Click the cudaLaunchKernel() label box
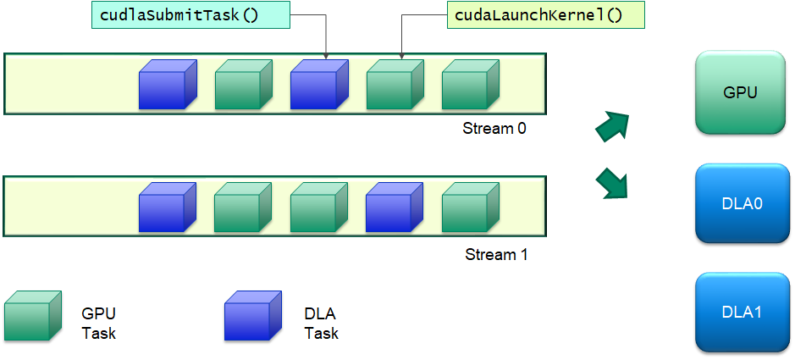(533, 14)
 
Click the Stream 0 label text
(494, 129)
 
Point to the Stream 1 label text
(496, 254)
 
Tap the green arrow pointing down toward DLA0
(613, 182)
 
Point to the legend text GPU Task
(98, 324)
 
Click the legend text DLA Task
(321, 324)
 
